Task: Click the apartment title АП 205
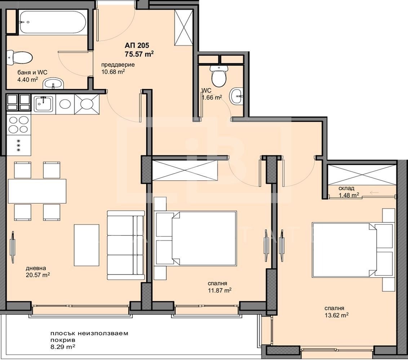click(137, 45)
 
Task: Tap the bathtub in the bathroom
click(53, 22)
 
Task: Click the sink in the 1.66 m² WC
click(236, 96)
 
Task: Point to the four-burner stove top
click(19, 125)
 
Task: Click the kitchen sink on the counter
click(44, 104)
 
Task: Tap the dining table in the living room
click(37, 191)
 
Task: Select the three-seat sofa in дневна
click(126, 245)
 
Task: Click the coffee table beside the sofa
click(87, 245)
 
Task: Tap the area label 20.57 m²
click(38, 275)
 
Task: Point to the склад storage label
click(346, 188)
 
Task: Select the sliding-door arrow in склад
click(374, 193)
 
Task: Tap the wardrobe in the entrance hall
click(184, 27)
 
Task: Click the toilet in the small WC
click(219, 76)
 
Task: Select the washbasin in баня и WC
click(53, 84)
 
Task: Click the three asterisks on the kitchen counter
click(18, 145)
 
